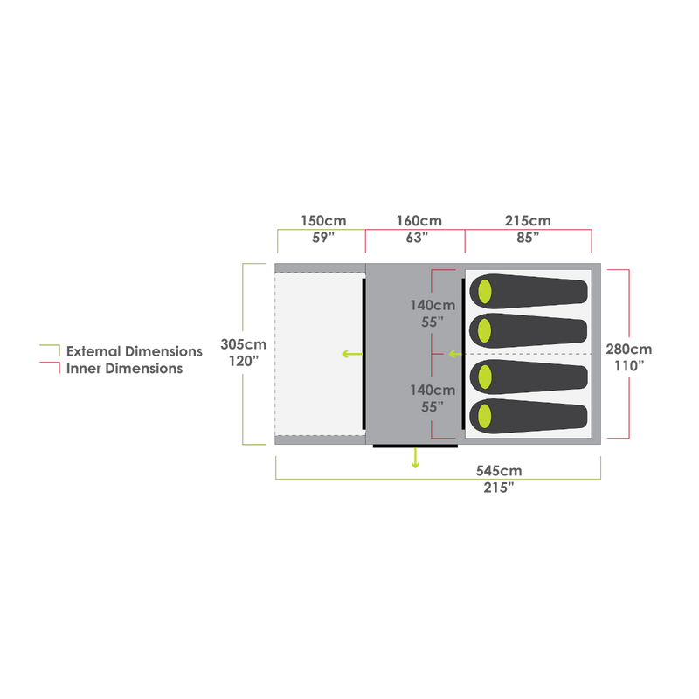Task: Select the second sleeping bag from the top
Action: click(x=529, y=330)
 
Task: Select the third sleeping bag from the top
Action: click(x=529, y=376)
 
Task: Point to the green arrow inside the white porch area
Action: click(x=351, y=354)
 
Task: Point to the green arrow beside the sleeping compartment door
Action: click(x=453, y=354)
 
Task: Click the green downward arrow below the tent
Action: click(x=416, y=459)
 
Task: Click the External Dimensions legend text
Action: click(x=134, y=351)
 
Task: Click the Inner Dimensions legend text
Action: click(x=124, y=369)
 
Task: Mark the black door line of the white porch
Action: click(x=363, y=354)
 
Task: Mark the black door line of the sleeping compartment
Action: click(x=463, y=354)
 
